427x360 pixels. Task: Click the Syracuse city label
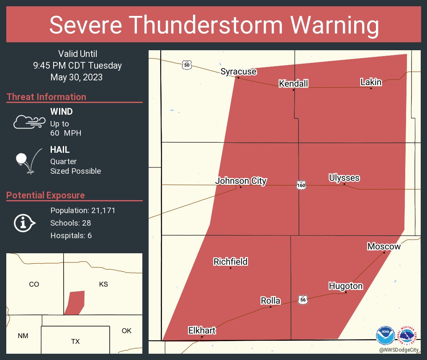238,72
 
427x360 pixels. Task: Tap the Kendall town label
293,84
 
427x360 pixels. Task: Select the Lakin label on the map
371,82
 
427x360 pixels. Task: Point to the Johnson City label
241,181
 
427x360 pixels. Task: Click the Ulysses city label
344,178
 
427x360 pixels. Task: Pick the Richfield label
230,262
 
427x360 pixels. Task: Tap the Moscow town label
384,247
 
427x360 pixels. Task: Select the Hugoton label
345,286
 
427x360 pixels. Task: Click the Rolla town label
270,301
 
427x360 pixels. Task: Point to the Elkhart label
202,331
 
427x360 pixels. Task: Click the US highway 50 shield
187,64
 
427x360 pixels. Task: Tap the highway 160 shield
301,185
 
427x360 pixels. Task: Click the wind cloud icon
29,122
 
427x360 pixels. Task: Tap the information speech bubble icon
25,223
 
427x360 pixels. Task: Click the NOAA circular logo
385,336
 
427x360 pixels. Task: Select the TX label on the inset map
75,342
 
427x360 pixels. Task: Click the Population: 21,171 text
82,210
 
